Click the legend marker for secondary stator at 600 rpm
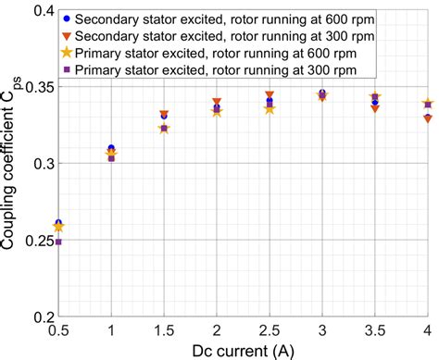coord(64,19)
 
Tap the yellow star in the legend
coord(64,53)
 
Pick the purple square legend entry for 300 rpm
coord(64,69)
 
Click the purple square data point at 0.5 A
coord(58,242)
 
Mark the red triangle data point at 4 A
coord(427,118)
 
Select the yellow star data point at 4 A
coord(427,104)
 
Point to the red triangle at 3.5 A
coord(374,108)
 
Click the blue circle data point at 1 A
coord(111,148)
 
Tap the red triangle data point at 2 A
coord(217,102)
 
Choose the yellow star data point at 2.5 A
coord(270,109)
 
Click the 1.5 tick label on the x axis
coord(164,330)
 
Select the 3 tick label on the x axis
coord(322,330)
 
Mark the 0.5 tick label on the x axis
coord(58,330)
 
